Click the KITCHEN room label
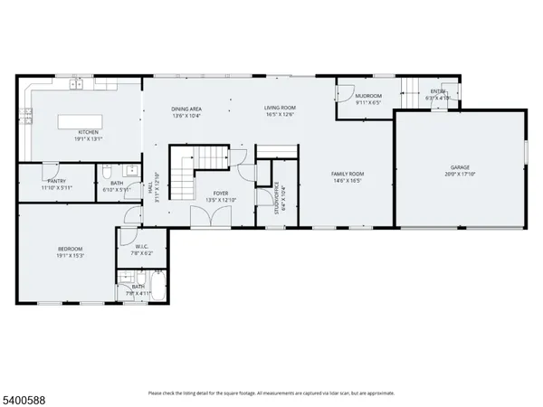pos(88,132)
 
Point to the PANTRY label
pos(56,181)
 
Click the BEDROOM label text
pos(70,249)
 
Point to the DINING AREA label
pos(186,109)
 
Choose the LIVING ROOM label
pos(281,109)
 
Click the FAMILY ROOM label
pos(348,174)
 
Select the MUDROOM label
pos(367,95)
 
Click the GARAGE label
pos(461,167)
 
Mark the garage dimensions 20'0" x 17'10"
pos(461,175)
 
